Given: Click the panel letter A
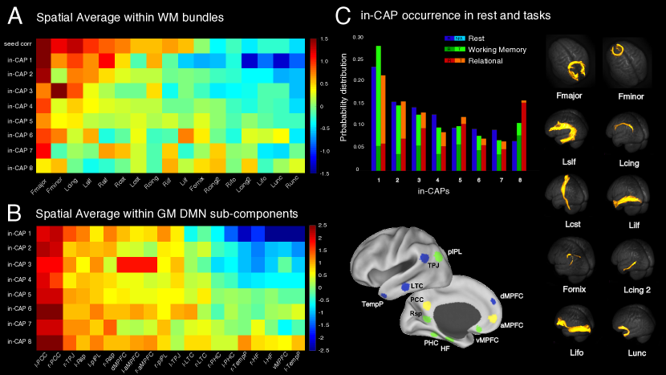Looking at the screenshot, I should coord(14,15).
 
